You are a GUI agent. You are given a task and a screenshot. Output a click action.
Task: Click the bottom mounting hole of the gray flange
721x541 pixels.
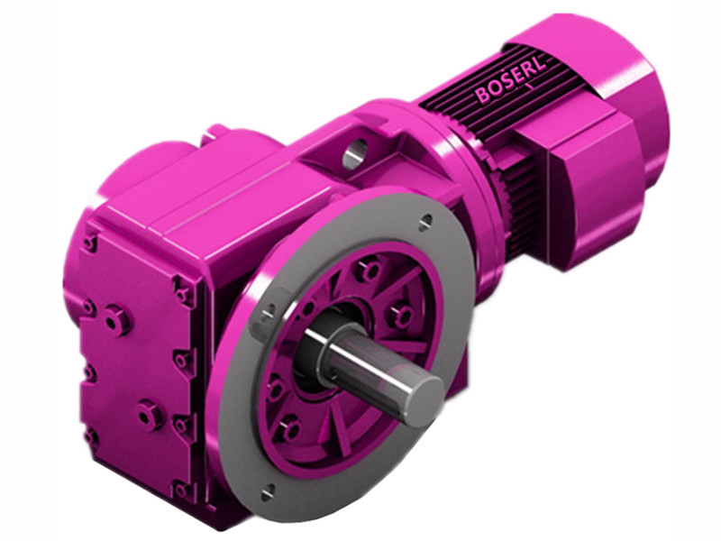(x=268, y=491)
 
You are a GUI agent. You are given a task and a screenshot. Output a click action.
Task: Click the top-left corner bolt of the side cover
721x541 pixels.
(x=89, y=242)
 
